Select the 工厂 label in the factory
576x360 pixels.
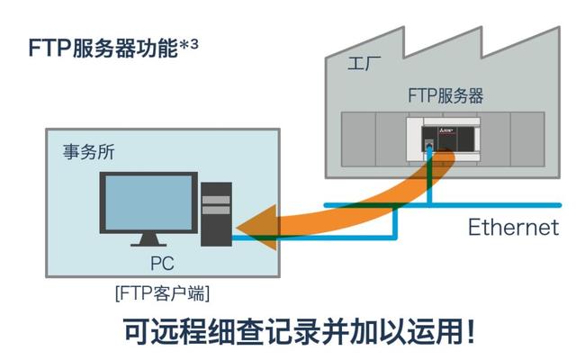pyautogui.click(x=363, y=66)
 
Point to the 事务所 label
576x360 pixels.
pyautogui.click(x=85, y=152)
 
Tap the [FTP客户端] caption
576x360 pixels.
pyautogui.click(x=162, y=293)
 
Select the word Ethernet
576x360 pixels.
pyautogui.click(x=512, y=227)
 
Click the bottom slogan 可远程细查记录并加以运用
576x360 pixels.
pyautogui.click(x=288, y=331)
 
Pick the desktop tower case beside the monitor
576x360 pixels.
pyautogui.click(x=216, y=214)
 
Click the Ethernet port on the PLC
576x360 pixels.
pyautogui.click(x=430, y=148)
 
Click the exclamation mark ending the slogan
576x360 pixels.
pyautogui.click(x=470, y=331)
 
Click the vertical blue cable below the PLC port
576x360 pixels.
pyautogui.click(x=431, y=180)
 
